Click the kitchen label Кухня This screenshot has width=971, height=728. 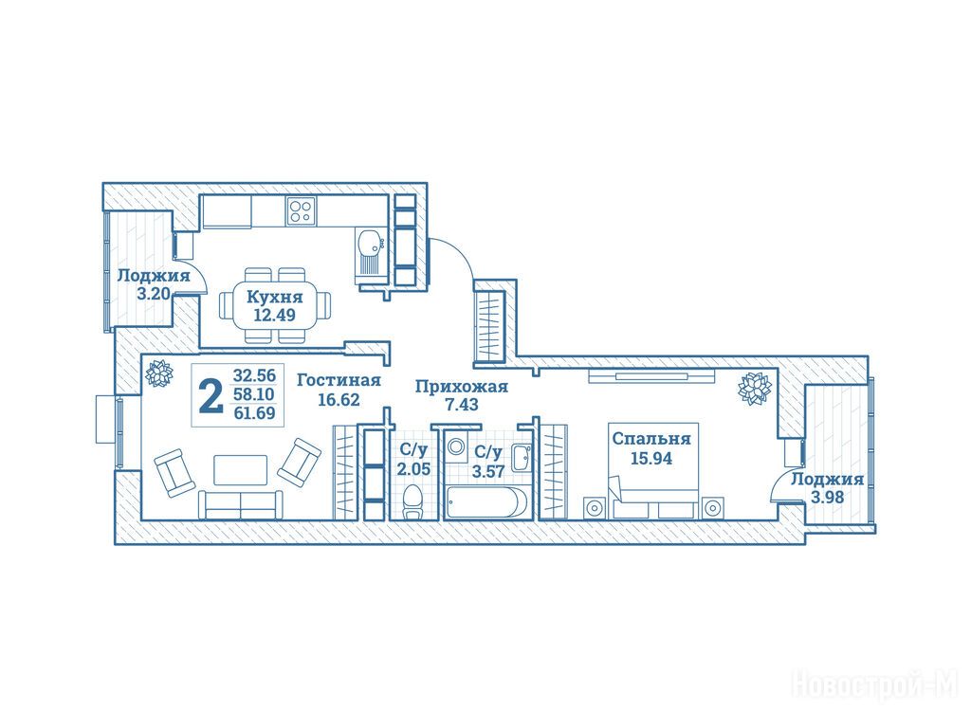pyautogui.click(x=274, y=297)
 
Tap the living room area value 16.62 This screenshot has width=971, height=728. pyautogui.click(x=339, y=400)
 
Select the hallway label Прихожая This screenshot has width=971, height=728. pyautogui.click(x=462, y=387)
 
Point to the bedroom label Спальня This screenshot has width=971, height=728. pyautogui.click(x=651, y=439)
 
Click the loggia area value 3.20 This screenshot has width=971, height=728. pyautogui.click(x=153, y=294)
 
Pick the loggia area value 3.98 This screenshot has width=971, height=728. pyautogui.click(x=827, y=497)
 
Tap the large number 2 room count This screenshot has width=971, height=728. pyautogui.click(x=211, y=396)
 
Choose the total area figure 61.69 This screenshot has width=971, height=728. pyautogui.click(x=254, y=413)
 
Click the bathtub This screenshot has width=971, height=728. pyautogui.click(x=486, y=502)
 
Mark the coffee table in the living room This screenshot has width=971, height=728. pyautogui.click(x=241, y=470)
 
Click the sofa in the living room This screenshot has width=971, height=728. pyautogui.click(x=241, y=504)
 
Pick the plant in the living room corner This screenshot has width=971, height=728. pyautogui.click(x=158, y=373)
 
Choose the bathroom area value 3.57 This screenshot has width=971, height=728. pyautogui.click(x=488, y=472)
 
